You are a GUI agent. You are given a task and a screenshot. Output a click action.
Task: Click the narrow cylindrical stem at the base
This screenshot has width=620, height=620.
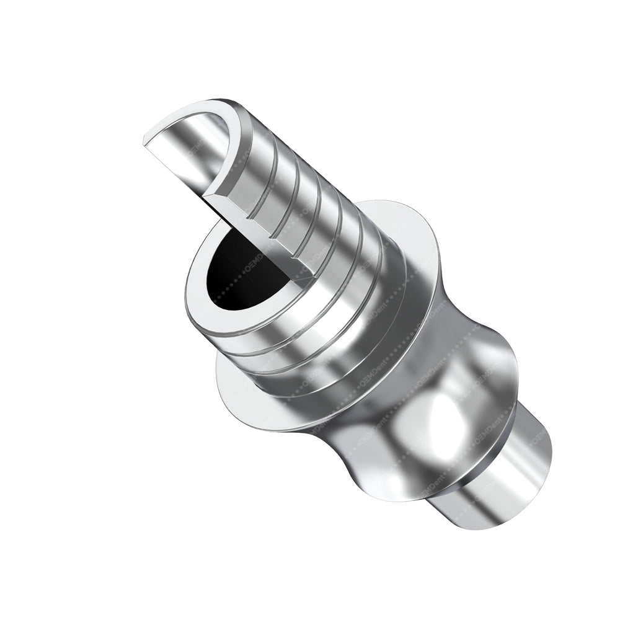pyautogui.click(x=508, y=471)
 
